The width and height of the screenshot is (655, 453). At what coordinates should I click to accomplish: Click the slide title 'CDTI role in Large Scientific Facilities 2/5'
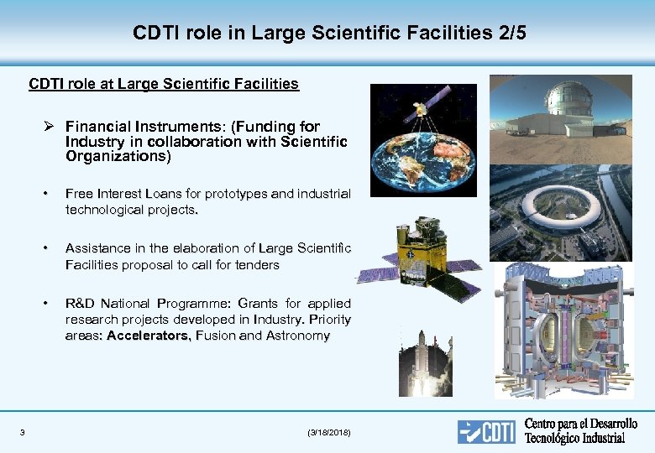coord(329,34)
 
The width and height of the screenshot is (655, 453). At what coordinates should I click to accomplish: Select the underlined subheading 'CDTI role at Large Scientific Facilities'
coord(164,84)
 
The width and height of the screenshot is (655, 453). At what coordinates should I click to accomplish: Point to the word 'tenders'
coord(256,265)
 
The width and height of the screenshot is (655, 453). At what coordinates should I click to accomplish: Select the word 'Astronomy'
coord(298,336)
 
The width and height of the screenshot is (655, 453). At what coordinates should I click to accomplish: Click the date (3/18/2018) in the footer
coord(330,433)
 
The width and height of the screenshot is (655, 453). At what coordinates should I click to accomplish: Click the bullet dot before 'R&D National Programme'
coord(48,304)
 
